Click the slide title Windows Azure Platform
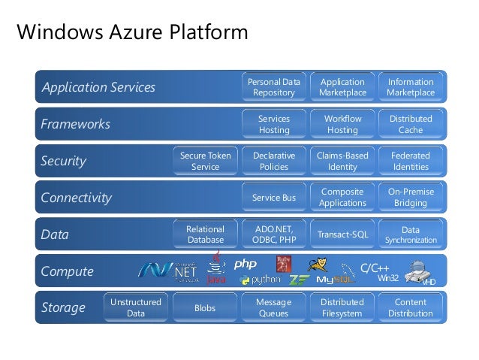(132, 32)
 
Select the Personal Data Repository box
(274, 87)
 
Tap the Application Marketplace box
(342, 87)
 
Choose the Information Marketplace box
(411, 87)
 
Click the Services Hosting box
(274, 124)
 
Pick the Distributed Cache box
(411, 124)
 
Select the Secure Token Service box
(206, 161)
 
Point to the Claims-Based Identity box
(342, 161)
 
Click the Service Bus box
(274, 198)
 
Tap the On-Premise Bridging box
(411, 198)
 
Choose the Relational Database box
(206, 234)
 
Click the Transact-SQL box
(342, 234)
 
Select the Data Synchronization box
(411, 234)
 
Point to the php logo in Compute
(246, 265)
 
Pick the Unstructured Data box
(136, 308)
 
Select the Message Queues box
(274, 308)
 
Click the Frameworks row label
(75, 124)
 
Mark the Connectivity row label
(76, 198)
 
